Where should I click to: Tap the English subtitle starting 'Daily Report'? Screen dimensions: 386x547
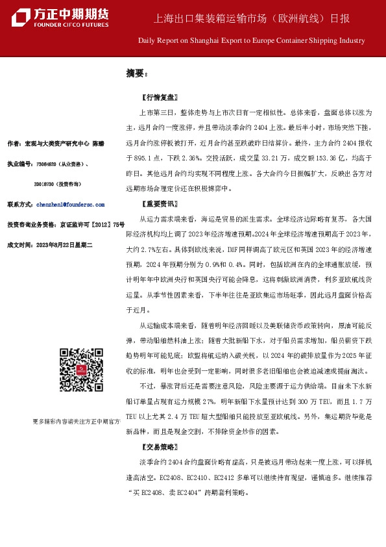(251, 40)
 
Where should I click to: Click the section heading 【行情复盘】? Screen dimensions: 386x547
(158, 99)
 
